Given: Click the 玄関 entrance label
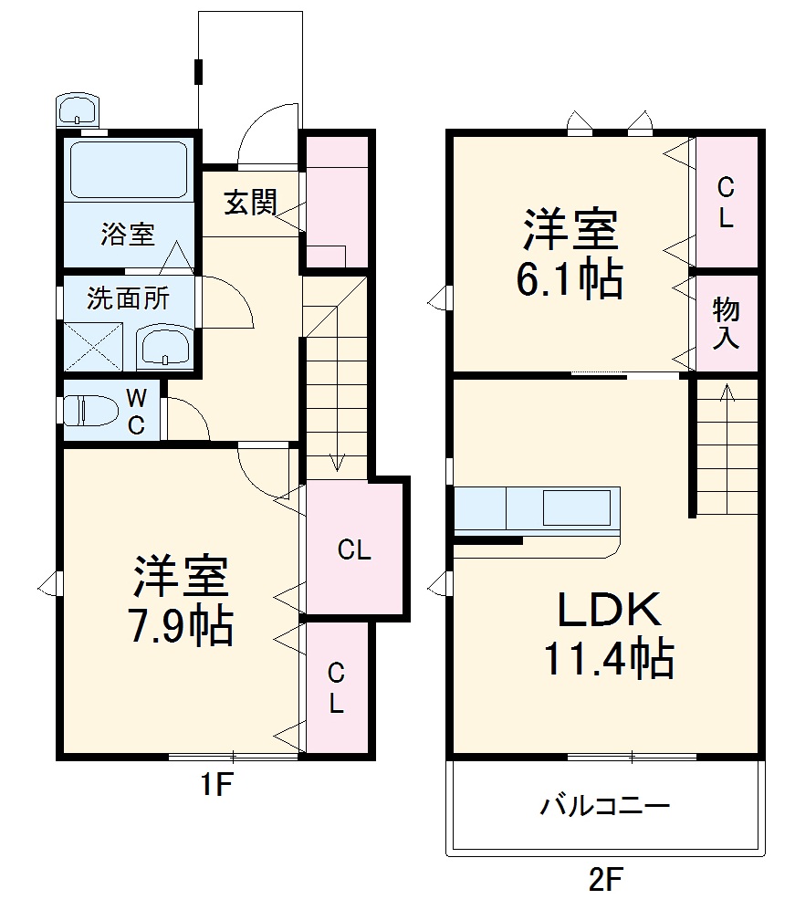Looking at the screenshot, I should click(x=251, y=204).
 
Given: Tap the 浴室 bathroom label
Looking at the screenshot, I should click(x=128, y=235).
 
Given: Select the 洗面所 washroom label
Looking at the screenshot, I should click(x=128, y=298).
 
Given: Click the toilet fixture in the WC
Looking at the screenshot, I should click(x=89, y=411).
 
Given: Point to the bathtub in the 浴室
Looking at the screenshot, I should click(x=128, y=170).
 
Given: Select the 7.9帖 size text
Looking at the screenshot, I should click(x=182, y=627).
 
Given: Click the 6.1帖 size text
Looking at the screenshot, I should click(x=570, y=281).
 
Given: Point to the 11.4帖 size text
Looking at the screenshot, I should click(x=609, y=657).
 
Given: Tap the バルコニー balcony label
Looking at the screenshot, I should click(x=605, y=806).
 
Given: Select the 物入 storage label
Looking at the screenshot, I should click(x=727, y=323).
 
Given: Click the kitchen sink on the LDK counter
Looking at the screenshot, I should click(x=577, y=507).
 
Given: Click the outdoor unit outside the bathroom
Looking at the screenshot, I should click(x=78, y=110).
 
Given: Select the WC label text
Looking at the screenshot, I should click(x=135, y=411).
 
